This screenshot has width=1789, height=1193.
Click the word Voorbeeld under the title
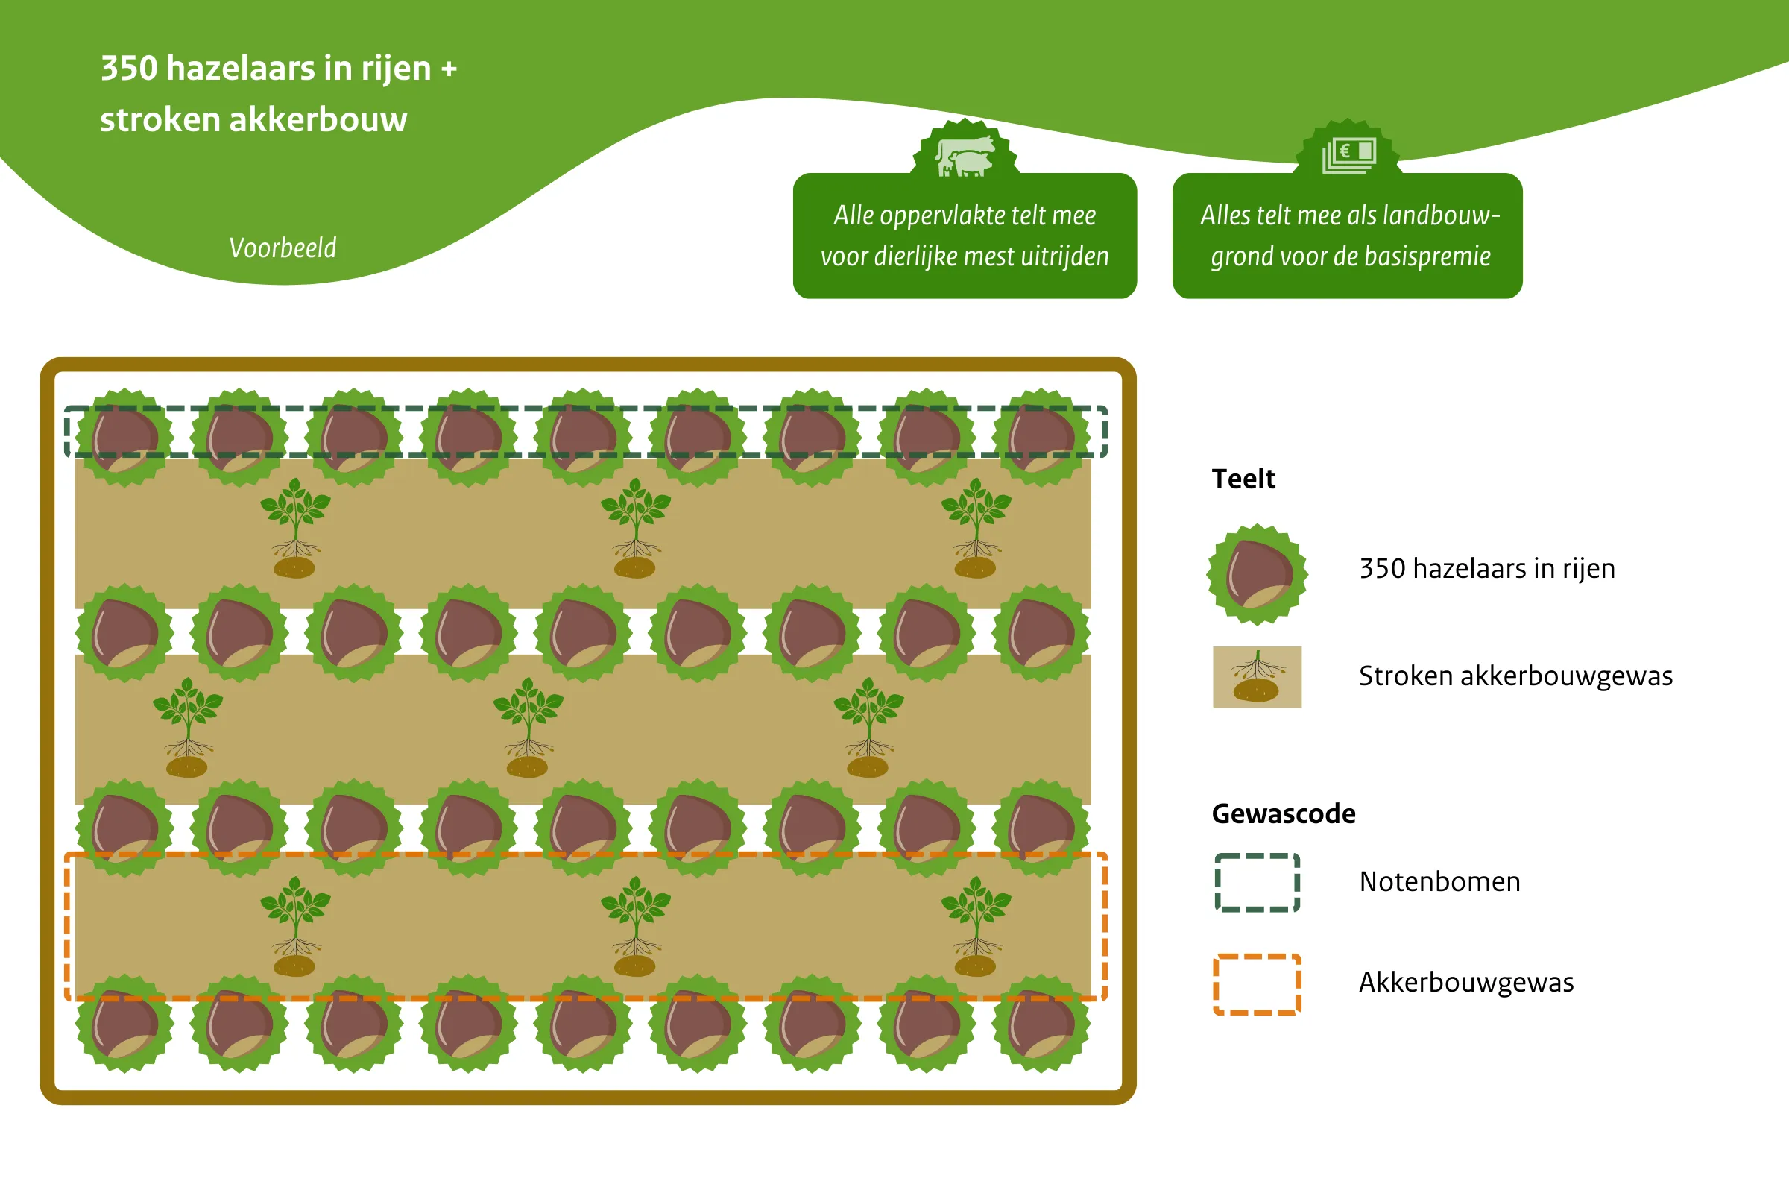(x=283, y=248)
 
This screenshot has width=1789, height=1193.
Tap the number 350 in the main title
(x=129, y=69)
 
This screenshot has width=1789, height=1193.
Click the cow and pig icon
(x=965, y=156)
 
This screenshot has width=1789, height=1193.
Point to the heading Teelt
(x=1243, y=479)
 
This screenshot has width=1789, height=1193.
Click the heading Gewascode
(x=1283, y=814)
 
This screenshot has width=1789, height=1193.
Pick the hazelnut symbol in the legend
(x=1258, y=574)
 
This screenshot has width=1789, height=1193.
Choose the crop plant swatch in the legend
(x=1257, y=677)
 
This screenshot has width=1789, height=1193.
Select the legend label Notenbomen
(x=1439, y=882)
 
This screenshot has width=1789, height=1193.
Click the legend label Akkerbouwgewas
(x=1465, y=983)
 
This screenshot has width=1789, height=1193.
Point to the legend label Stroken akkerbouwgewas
(x=1515, y=676)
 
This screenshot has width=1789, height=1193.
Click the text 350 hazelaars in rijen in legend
(x=1486, y=569)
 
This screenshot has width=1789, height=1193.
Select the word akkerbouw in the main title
(x=318, y=119)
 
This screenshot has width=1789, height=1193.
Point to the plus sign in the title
(x=449, y=69)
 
